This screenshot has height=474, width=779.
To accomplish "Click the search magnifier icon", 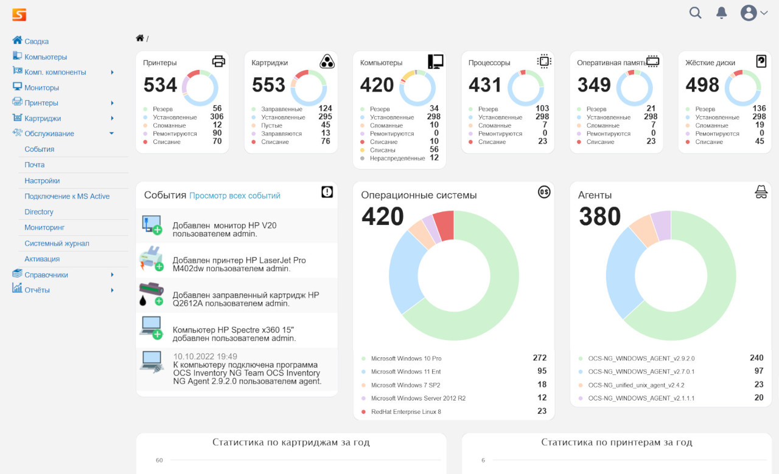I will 695,13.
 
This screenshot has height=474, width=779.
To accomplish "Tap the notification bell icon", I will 722,13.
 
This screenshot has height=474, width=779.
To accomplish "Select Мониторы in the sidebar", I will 41,88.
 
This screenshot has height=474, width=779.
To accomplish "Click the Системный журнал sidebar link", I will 57,243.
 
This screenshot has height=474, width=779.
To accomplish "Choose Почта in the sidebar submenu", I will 34,165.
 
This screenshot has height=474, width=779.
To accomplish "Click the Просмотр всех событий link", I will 235,196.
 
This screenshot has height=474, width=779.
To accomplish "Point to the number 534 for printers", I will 160,85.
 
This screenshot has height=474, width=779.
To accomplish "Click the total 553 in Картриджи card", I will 268,85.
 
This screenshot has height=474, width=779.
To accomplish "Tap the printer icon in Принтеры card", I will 218,61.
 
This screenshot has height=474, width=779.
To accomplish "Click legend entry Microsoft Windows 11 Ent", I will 406,371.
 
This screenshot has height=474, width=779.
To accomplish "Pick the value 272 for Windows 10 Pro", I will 539,358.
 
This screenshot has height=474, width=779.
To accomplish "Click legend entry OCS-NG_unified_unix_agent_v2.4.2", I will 636,385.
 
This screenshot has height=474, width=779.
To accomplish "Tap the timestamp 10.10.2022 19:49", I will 205,357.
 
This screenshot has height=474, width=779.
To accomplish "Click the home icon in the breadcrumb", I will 140,38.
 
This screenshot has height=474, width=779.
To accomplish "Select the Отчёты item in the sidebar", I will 37,290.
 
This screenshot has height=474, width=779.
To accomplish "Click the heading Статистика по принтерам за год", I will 617,442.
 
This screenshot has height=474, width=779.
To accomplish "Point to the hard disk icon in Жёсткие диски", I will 761,61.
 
